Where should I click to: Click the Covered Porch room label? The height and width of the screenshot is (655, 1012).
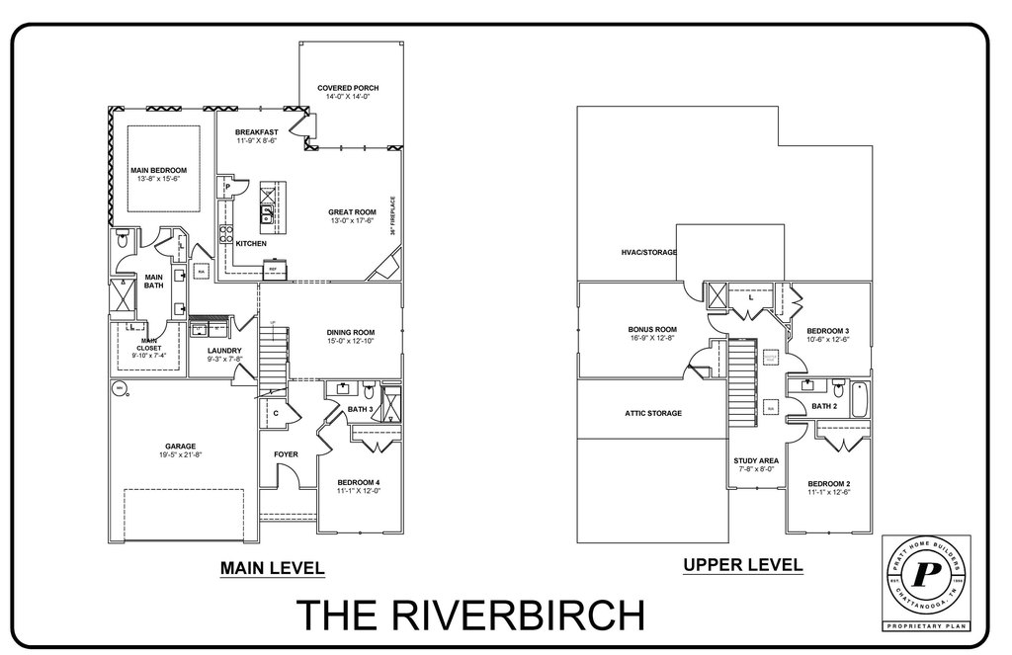coord(348,88)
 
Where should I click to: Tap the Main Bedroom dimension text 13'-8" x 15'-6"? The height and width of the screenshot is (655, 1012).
coord(158,179)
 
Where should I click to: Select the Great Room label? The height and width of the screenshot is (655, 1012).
coord(352,210)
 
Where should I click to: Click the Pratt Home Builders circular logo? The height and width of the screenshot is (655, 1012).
coord(926,574)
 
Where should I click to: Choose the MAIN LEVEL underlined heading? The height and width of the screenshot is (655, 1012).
coord(271,568)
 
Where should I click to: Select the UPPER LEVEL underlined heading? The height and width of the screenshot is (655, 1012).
coord(742,565)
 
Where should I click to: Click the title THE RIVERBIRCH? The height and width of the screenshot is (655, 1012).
coord(470,614)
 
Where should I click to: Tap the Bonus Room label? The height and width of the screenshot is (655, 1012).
coord(651,329)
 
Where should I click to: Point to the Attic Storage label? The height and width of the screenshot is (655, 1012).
coord(652,412)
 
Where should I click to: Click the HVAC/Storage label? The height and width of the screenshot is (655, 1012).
coord(648,253)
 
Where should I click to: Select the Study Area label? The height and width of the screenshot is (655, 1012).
coord(756,460)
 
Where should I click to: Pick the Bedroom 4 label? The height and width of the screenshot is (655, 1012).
coord(358,481)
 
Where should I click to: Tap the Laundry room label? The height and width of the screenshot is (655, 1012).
coord(225,351)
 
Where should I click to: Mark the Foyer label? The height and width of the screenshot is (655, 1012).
coord(286,454)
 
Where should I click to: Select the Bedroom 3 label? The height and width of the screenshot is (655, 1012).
coord(828,330)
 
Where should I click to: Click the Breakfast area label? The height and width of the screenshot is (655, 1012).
coord(256,132)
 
